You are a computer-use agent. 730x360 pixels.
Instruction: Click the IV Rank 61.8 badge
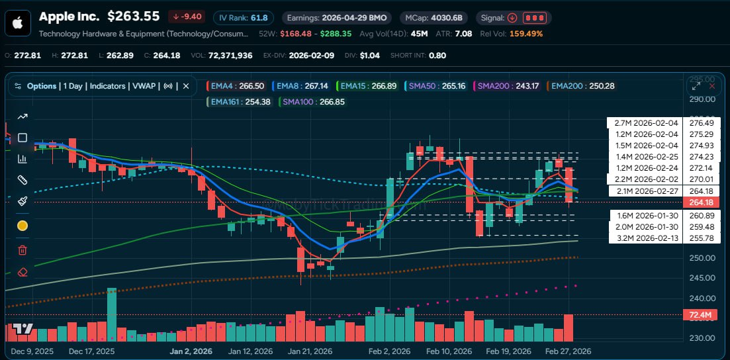pos(244,17)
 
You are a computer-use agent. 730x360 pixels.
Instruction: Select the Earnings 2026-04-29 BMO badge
pos(336,17)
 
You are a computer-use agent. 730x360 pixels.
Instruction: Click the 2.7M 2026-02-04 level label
pos(646,123)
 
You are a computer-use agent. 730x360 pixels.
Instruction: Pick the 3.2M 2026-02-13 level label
pos(646,238)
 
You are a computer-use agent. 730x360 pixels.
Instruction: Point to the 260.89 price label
pos(701,216)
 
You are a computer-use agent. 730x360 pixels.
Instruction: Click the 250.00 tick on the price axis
pos(702,259)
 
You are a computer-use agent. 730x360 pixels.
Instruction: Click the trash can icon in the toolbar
pos(22,249)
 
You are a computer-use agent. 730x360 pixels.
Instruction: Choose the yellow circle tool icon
pos(22,226)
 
